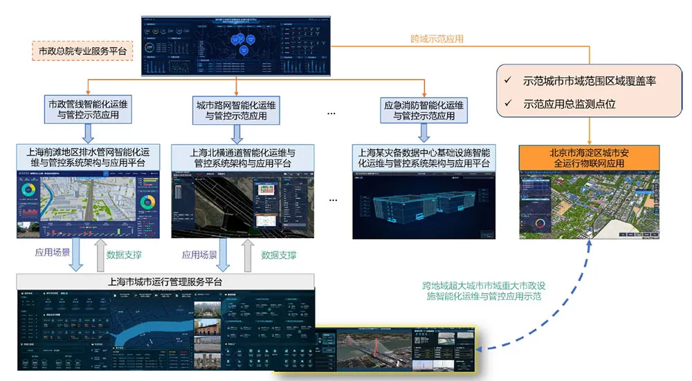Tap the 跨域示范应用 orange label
[x=437, y=38]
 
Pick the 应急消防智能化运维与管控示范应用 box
[x=424, y=110]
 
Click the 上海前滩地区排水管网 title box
[x=91, y=157]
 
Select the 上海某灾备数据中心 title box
[x=424, y=157]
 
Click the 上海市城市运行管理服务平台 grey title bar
[x=165, y=281]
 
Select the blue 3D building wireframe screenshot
[x=424, y=204]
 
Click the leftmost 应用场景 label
[x=52, y=254]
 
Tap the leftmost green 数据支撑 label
[x=124, y=254]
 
